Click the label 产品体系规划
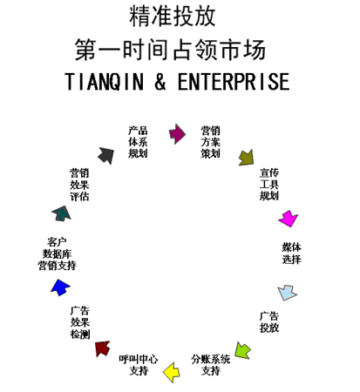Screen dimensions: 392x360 [138, 142]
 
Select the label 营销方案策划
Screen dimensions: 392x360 [210, 142]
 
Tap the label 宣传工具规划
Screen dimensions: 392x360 [268, 184]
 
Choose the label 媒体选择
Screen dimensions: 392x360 [291, 253]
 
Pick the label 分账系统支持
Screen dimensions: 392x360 [211, 364]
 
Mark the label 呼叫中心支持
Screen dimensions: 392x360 [139, 364]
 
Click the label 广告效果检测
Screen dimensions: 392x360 [79, 321]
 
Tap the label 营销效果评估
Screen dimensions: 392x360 [79, 185]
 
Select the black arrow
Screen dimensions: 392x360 [105, 155]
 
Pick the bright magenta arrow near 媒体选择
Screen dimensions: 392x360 [288, 218]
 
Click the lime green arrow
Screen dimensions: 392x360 [243, 351]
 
